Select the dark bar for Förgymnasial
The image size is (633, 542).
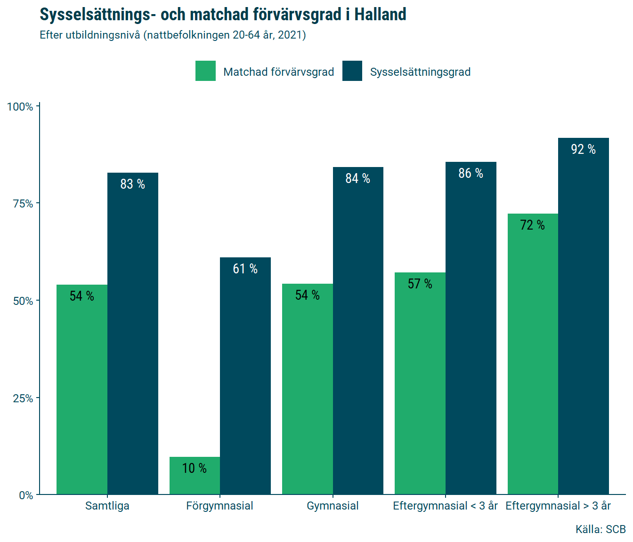point(245,376)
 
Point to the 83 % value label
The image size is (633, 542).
point(133,184)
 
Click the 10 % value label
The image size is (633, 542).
point(195,468)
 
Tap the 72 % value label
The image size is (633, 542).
point(533,225)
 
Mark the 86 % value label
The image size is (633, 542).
point(471,173)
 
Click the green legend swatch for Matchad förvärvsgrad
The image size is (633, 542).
point(205,71)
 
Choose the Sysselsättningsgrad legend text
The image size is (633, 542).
point(420,72)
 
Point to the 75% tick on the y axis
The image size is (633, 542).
point(23,204)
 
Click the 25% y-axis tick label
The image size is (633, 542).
point(23,399)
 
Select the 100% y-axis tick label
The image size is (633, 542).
point(20,107)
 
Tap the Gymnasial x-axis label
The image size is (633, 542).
point(333,506)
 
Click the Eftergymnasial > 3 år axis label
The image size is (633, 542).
point(558,506)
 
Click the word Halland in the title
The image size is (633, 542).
point(380,15)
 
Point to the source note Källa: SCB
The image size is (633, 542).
point(601,529)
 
